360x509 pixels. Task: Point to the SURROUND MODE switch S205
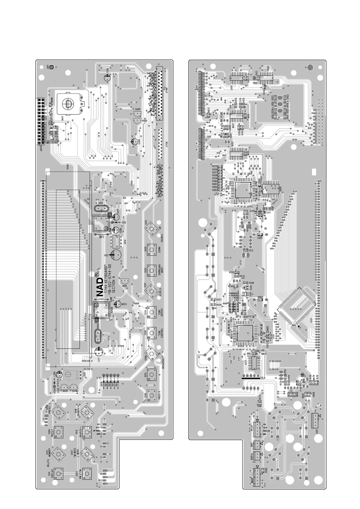click(x=151, y=270)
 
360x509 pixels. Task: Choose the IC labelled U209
click(x=271, y=188)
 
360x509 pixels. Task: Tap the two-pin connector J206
click(x=257, y=445)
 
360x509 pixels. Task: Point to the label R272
click(x=215, y=166)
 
